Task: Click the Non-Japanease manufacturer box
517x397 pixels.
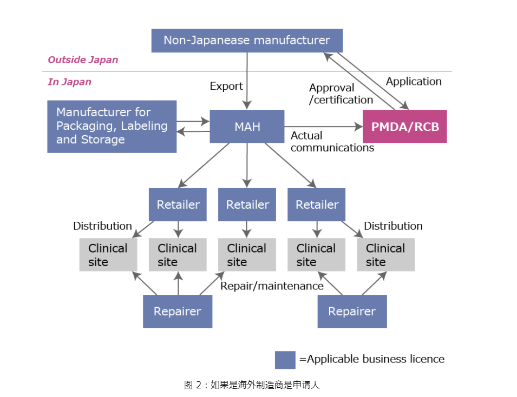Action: click(x=247, y=41)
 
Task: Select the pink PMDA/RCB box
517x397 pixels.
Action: click(x=404, y=127)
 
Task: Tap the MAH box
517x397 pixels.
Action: click(x=247, y=127)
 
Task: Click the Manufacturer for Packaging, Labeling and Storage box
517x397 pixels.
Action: click(x=112, y=126)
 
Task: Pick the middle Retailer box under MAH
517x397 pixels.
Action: click(x=247, y=204)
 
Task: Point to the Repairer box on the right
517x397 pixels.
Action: click(x=352, y=312)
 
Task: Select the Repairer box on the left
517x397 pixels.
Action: click(x=177, y=312)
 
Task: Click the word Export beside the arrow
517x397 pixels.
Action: click(x=226, y=86)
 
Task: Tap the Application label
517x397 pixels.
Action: click(x=414, y=82)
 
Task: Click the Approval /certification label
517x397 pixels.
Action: click(x=341, y=94)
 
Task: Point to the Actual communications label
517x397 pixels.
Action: click(x=332, y=141)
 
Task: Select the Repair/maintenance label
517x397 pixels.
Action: click(x=272, y=286)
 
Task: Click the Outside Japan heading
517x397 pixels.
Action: click(x=83, y=59)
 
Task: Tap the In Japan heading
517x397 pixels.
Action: click(x=69, y=82)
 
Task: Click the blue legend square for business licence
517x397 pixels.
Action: click(x=285, y=359)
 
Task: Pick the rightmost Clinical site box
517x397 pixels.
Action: click(x=385, y=255)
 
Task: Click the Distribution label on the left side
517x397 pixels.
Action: click(x=102, y=226)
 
